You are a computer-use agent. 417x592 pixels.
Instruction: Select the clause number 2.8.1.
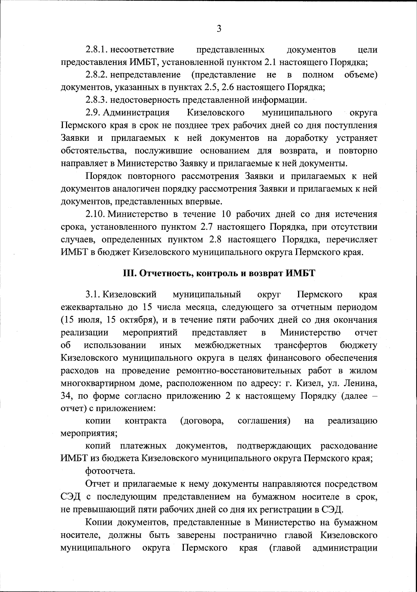click(x=96, y=50)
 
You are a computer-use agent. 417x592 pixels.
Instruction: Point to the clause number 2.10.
click(x=95, y=213)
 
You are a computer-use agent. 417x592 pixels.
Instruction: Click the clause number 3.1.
click(x=93, y=295)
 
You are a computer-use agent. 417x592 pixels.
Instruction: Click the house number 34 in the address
click(x=66, y=396)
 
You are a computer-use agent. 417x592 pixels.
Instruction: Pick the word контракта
click(x=145, y=421)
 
